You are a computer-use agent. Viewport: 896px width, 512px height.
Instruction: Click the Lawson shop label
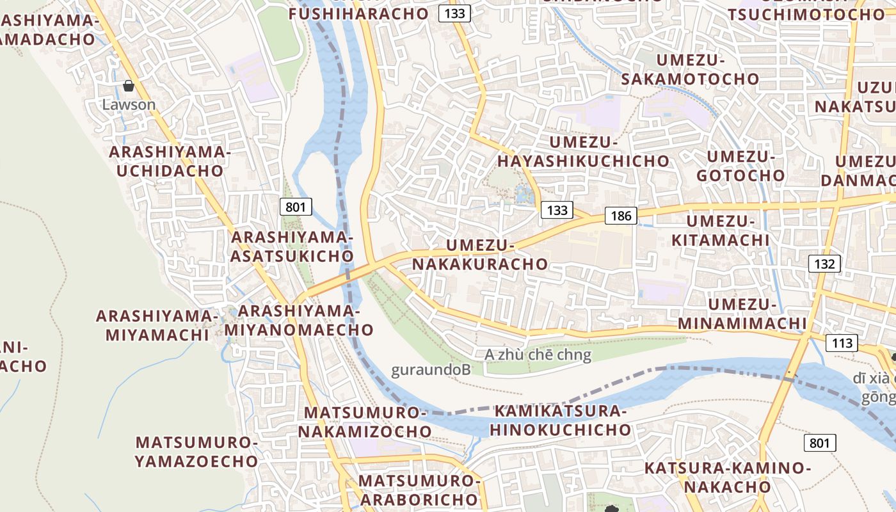(x=129, y=104)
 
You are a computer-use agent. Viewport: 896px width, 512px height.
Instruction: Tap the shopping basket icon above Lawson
(x=129, y=86)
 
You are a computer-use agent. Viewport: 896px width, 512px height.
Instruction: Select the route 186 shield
(x=621, y=216)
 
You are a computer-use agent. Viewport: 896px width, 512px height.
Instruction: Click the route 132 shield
(x=824, y=263)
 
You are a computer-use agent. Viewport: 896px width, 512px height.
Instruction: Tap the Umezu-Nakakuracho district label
(x=480, y=255)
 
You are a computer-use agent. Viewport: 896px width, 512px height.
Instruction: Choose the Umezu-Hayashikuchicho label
(x=583, y=152)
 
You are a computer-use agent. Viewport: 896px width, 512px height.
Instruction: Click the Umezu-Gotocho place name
(x=740, y=166)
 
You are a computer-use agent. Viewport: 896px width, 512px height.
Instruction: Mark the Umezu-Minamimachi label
(x=742, y=314)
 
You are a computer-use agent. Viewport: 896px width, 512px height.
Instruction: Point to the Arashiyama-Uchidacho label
(x=170, y=161)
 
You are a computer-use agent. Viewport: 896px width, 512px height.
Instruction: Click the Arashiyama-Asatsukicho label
(x=292, y=246)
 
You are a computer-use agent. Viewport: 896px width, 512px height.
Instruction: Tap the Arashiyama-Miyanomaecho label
(x=299, y=320)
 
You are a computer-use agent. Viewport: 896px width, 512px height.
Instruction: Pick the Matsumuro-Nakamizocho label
(x=365, y=422)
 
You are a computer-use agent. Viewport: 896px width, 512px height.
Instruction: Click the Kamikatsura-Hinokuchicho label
(x=561, y=420)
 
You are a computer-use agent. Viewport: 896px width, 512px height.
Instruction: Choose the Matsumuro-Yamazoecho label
(x=197, y=451)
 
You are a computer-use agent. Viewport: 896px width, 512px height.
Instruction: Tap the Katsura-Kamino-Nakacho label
(x=728, y=477)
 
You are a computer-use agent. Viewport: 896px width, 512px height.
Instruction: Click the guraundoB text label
(x=431, y=370)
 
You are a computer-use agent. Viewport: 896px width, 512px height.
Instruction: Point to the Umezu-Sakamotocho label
(x=689, y=70)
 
